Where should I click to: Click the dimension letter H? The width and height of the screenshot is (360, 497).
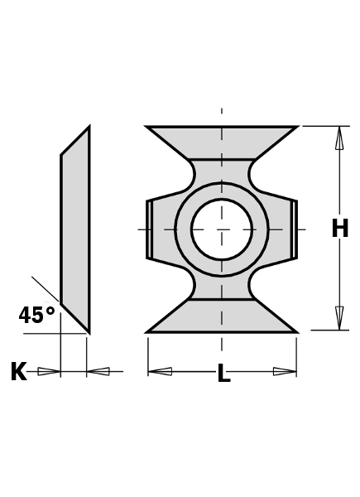click(339, 229)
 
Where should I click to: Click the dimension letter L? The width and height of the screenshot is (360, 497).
click(223, 374)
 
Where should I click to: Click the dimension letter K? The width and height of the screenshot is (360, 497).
click(18, 372)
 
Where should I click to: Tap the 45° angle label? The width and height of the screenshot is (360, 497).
click(36, 316)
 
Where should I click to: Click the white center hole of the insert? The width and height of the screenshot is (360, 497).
click(222, 229)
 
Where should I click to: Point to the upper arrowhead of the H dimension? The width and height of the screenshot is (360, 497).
click(339, 138)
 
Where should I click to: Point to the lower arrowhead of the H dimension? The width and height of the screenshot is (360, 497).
click(339, 318)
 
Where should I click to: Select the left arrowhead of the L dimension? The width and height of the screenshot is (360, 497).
click(160, 371)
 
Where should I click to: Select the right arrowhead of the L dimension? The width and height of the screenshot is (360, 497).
click(285, 371)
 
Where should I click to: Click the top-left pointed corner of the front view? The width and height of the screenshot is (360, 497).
click(148, 127)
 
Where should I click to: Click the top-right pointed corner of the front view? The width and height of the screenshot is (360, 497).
click(296, 127)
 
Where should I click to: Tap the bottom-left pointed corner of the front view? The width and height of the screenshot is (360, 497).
click(148, 331)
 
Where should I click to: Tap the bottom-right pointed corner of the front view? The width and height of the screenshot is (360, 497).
click(295, 331)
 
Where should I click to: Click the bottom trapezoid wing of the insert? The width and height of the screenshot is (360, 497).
click(222, 316)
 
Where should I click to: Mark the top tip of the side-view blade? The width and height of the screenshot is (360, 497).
click(88, 128)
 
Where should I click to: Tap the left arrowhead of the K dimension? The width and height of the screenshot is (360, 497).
click(50, 371)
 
